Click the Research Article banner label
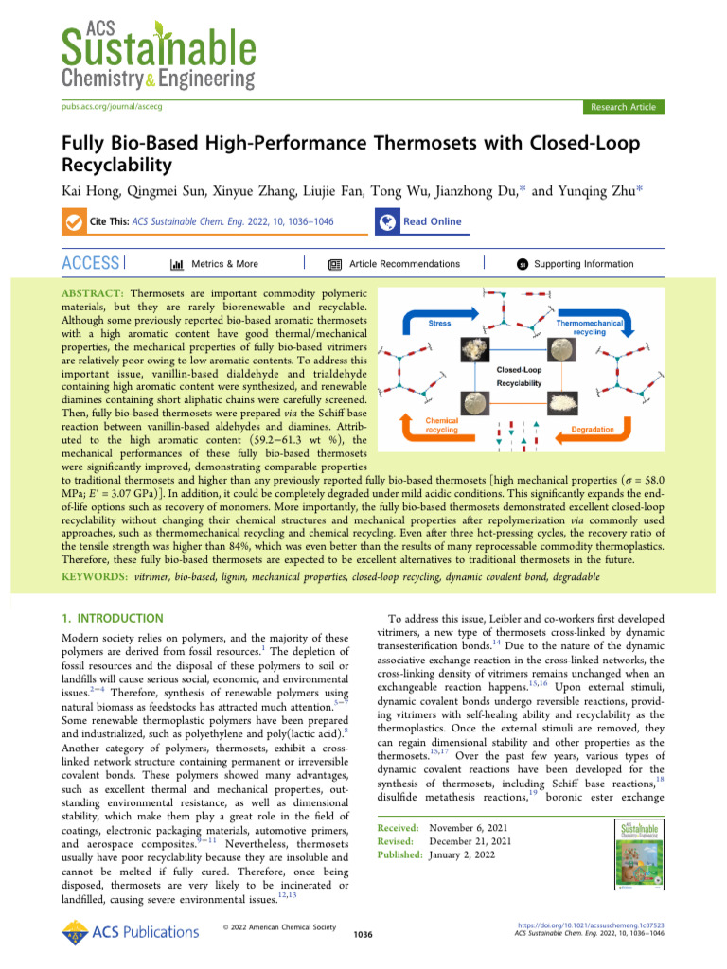(622, 107)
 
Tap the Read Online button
(432, 221)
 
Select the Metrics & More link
(223, 264)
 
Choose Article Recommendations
(404, 264)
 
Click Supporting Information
(583, 264)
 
